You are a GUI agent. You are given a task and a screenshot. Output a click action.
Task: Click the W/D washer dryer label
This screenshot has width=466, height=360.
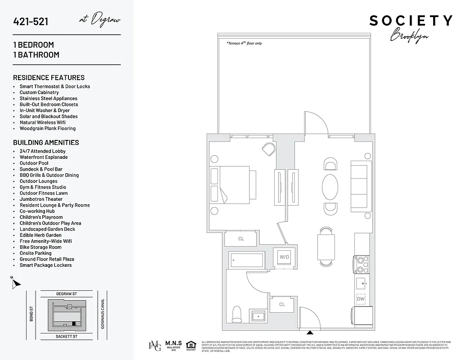pyautogui.click(x=284, y=257)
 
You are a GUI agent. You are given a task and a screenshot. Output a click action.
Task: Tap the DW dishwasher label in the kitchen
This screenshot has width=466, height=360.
pyautogui.click(x=361, y=299)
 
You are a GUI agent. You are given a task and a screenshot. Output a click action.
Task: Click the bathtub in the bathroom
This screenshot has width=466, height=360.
pyautogui.click(x=246, y=260)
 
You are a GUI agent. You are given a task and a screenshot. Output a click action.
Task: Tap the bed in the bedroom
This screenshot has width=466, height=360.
pyautogui.click(x=233, y=185)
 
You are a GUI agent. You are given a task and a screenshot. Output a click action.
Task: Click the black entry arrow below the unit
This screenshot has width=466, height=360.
pyautogui.click(x=310, y=333)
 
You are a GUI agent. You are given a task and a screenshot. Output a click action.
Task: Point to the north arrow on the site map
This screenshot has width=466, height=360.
pyautogui.click(x=16, y=283)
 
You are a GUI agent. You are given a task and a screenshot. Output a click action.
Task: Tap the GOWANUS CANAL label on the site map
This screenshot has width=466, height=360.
pyautogui.click(x=103, y=314)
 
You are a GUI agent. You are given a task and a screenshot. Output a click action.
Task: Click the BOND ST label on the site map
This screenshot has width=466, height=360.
pyautogui.click(x=32, y=314)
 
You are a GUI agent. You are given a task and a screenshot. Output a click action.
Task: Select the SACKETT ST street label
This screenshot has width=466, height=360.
pyautogui.click(x=67, y=336)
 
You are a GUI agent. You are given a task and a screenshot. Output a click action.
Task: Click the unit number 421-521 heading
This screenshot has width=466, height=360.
pyautogui.click(x=31, y=22)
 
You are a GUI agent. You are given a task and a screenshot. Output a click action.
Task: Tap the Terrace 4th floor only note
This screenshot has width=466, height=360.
pyautogui.click(x=244, y=43)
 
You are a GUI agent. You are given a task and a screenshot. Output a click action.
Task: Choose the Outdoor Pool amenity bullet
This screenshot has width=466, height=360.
pyautogui.click(x=34, y=163)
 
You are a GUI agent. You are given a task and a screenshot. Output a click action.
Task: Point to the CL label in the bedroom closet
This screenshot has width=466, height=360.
pyautogui.click(x=241, y=238)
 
